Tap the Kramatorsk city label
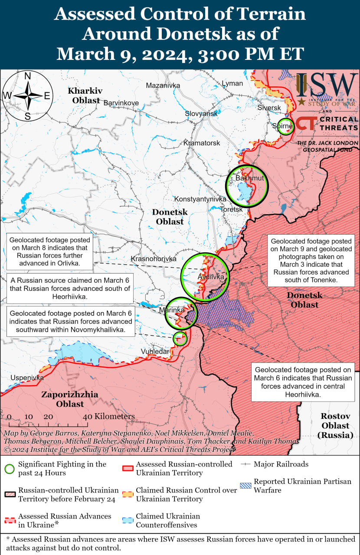[202, 143]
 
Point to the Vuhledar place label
[155, 352]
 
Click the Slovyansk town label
[201, 113]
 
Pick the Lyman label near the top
[232, 83]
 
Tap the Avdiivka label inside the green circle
[211, 277]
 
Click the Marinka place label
[172, 310]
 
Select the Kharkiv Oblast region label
[85, 95]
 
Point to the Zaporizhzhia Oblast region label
[69, 399]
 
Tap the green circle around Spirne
[285, 126]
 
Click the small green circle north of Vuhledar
[180, 339]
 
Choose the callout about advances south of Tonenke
[311, 260]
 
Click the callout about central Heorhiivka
[303, 382]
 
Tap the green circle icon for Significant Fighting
[10, 468]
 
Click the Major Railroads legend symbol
[246, 464]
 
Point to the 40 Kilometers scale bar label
[109, 416]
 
